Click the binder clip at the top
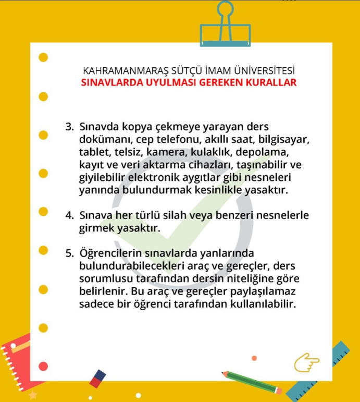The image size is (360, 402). tap(225, 26)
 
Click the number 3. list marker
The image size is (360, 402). tap(70, 127)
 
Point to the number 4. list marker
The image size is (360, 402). tap(70, 215)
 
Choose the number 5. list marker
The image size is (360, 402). tap(70, 254)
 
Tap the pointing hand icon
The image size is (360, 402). tap(306, 362)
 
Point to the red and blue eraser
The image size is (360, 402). tap(97, 379)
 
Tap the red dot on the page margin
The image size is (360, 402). tap(43, 366)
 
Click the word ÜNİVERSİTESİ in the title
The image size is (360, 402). tap(266, 70)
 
